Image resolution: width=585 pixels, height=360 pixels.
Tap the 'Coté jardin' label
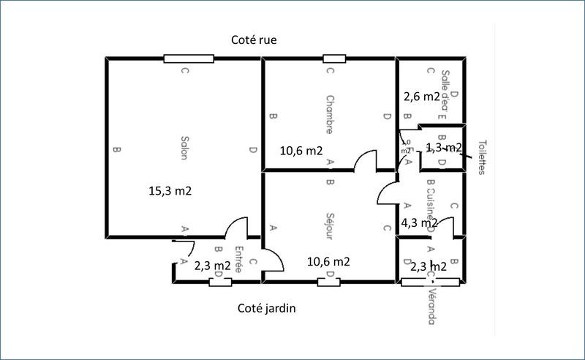pyautogui.click(x=267, y=308)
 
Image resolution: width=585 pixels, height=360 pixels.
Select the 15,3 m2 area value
pyautogui.click(x=170, y=191)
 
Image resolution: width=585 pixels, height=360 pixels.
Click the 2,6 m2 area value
pyautogui.click(x=421, y=97)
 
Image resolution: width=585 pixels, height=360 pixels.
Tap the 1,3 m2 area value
pyautogui.click(x=443, y=148)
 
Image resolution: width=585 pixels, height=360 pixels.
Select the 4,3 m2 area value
pyautogui.click(x=419, y=222)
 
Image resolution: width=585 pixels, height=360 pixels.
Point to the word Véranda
pyautogui.click(x=431, y=305)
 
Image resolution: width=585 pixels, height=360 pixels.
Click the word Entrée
pyautogui.click(x=238, y=259)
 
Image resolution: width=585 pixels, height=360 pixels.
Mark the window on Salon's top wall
pyautogui.click(x=189, y=59)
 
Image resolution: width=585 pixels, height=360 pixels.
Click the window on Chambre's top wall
pyautogui.click(x=334, y=59)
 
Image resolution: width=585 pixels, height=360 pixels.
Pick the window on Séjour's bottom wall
pyautogui.click(x=331, y=281)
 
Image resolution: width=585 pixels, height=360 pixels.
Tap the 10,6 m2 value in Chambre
pyautogui.click(x=301, y=151)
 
